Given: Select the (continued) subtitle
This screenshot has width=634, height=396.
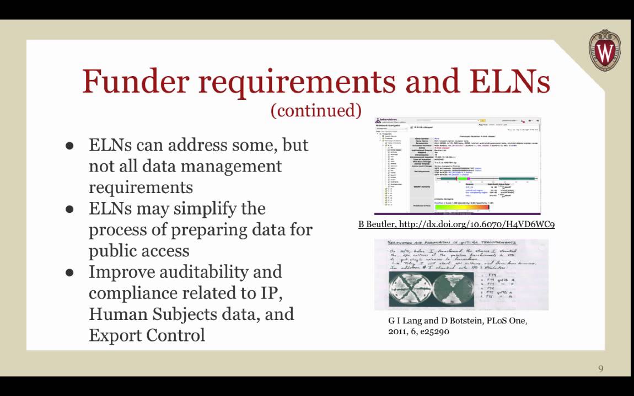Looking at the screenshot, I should pyautogui.click(x=316, y=110).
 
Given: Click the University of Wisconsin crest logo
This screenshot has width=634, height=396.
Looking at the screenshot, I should pyautogui.click(x=605, y=51).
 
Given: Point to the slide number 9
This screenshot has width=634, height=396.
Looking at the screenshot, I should pyautogui.click(x=601, y=368).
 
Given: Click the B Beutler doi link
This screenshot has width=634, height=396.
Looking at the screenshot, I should pyautogui.click(x=456, y=224).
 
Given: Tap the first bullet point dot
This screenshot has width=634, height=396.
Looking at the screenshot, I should pyautogui.click(x=70, y=146).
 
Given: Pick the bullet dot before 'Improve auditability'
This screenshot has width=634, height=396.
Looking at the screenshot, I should pyautogui.click(x=70, y=272).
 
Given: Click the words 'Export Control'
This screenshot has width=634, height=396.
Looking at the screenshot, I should pyautogui.click(x=147, y=335).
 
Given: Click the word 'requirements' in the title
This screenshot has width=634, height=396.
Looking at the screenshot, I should pyautogui.click(x=298, y=81).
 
